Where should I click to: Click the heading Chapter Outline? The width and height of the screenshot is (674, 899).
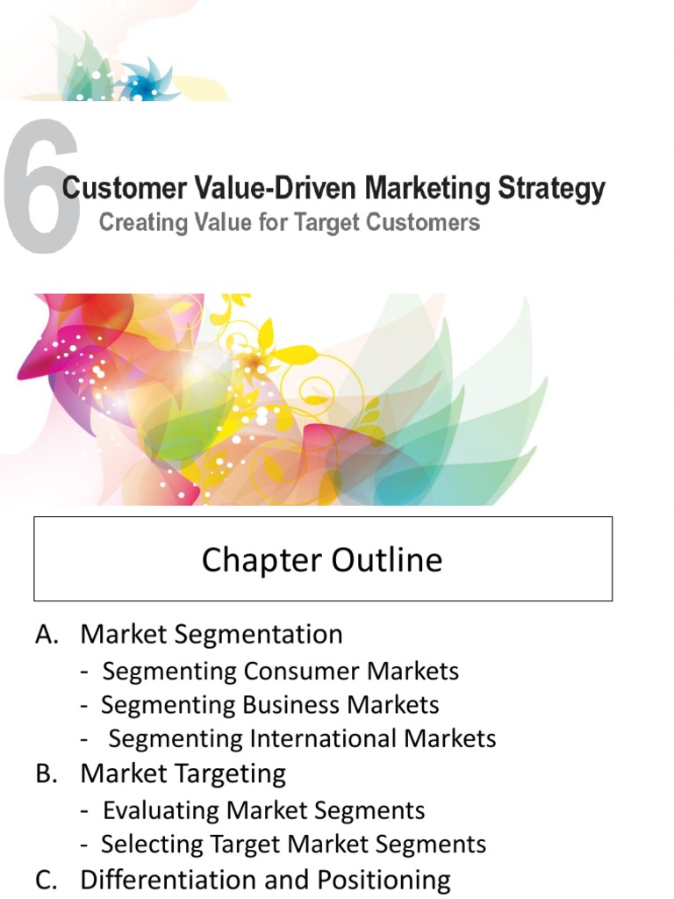tap(322, 560)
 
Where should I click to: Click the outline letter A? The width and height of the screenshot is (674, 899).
tap(45, 635)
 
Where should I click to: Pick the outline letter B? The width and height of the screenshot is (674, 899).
tap(45, 774)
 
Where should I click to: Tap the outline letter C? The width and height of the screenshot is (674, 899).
tap(45, 880)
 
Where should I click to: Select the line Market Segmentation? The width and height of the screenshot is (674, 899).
tap(212, 634)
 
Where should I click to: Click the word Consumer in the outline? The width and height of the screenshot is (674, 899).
tap(302, 672)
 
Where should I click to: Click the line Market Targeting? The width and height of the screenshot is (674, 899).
tap(183, 774)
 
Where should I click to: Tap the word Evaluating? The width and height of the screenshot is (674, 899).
tap(161, 810)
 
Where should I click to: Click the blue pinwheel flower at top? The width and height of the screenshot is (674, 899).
tap(140, 83)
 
